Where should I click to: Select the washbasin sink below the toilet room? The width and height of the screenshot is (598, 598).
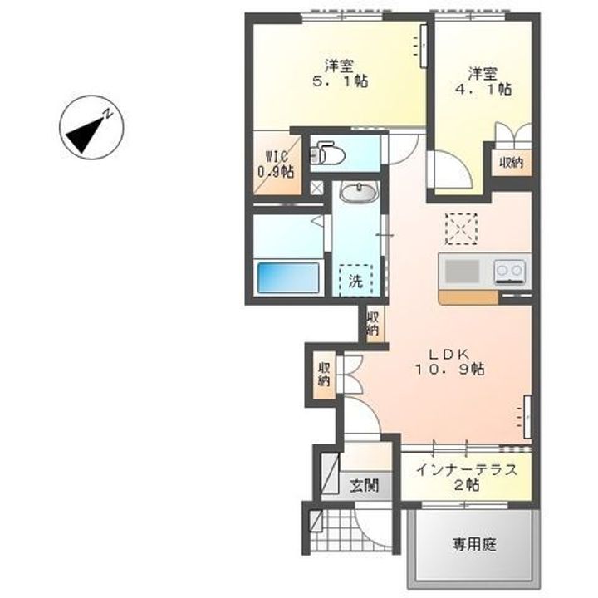click(x=358, y=193)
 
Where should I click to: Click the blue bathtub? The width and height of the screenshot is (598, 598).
click(x=288, y=277)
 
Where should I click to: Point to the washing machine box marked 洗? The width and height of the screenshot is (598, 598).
click(x=355, y=280)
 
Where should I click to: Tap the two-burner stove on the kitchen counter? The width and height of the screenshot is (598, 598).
click(x=509, y=270)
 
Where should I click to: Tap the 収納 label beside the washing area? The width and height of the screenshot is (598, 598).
click(x=374, y=321)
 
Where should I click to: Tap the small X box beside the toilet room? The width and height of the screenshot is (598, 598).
click(x=316, y=187)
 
